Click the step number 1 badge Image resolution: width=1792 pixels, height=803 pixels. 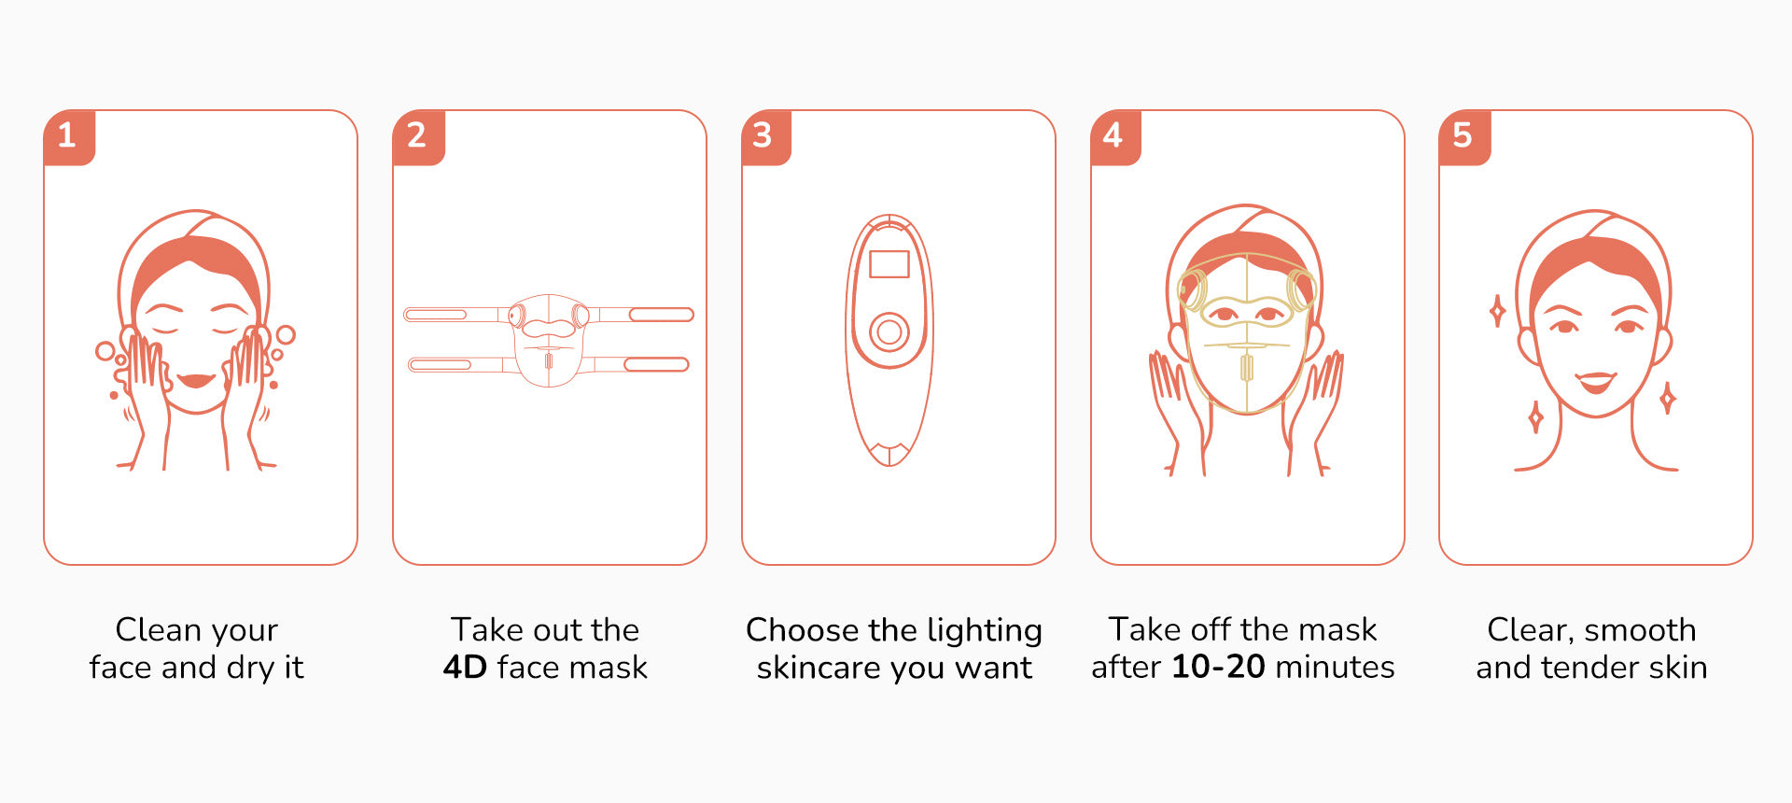[69, 137]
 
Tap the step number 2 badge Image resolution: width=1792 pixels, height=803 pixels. [418, 137]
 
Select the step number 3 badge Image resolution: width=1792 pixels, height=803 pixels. [766, 137]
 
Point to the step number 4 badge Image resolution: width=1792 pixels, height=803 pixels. [1115, 137]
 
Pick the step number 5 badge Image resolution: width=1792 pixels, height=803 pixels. [1464, 137]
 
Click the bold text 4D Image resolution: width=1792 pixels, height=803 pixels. [465, 667]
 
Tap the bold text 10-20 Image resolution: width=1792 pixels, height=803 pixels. [1218, 667]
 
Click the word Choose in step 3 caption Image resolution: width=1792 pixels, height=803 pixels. [803, 630]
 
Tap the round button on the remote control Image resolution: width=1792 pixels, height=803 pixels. [889, 331]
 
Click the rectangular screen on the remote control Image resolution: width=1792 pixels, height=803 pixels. [889, 264]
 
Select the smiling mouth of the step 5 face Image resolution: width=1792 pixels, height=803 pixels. [1596, 381]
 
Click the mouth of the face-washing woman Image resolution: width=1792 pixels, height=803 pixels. [196, 380]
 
